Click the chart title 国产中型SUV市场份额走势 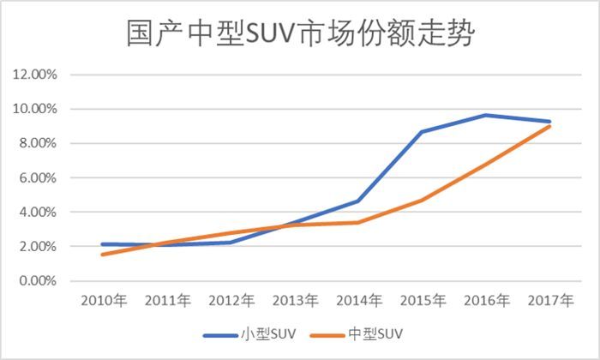300,36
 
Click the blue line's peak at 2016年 487,115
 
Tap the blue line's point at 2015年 423,132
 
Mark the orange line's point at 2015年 423,200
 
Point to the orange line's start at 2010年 102,255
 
